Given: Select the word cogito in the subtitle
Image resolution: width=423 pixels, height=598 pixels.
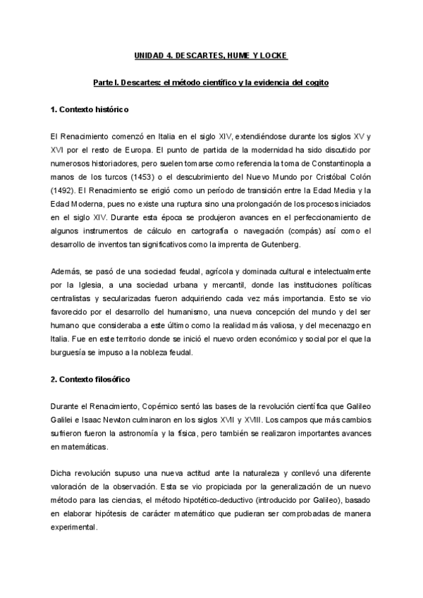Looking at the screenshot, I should point(315,83).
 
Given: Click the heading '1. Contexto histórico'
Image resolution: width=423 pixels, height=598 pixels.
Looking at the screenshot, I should point(89,111).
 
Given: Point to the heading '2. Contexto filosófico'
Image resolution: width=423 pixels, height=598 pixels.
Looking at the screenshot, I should point(90,379).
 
